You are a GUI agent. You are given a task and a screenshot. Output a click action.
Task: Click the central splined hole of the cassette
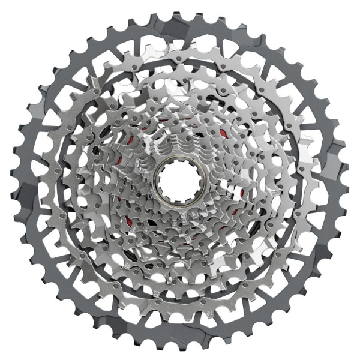[x=178, y=179]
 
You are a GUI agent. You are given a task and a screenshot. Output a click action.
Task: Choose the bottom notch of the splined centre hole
[x=178, y=197]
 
